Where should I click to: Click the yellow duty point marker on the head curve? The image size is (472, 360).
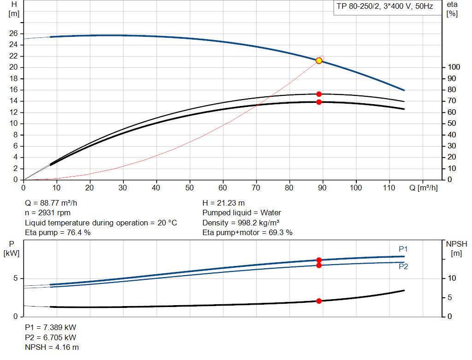tap(319, 60)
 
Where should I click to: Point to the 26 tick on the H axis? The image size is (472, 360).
tap(13, 34)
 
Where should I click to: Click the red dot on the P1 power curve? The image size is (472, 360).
tap(319, 260)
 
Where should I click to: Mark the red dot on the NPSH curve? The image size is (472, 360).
tap(319, 301)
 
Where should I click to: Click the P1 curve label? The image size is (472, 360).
tap(403, 249)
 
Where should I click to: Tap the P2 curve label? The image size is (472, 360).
tap(403, 266)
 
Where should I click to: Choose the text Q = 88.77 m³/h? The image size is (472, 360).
tap(54, 203)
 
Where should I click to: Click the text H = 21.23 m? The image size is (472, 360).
tap(224, 203)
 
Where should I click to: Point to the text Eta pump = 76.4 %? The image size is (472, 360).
tap(58, 233)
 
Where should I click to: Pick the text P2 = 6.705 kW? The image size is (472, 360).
tap(50, 337)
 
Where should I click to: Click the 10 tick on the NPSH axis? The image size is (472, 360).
tap(452, 278)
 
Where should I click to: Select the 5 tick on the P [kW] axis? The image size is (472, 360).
tap(16, 278)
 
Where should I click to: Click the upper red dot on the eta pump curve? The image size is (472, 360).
tap(319, 94)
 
